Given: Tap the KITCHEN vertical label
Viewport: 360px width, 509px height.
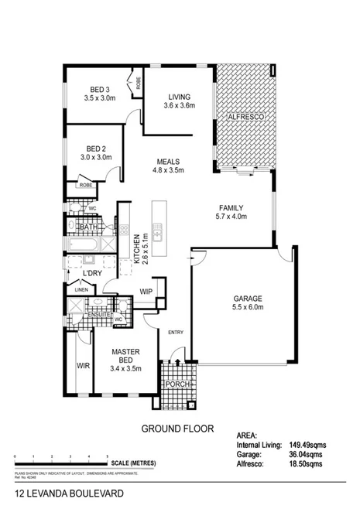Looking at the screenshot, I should pyautogui.click(x=138, y=249).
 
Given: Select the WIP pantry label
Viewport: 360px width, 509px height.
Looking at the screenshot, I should pyautogui.click(x=146, y=292).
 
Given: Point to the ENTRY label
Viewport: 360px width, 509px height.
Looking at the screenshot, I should pyautogui.click(x=177, y=333).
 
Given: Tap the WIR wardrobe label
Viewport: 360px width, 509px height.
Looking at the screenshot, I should pyautogui.click(x=81, y=366).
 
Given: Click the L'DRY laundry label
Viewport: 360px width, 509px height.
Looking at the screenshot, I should pyautogui.click(x=92, y=274).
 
